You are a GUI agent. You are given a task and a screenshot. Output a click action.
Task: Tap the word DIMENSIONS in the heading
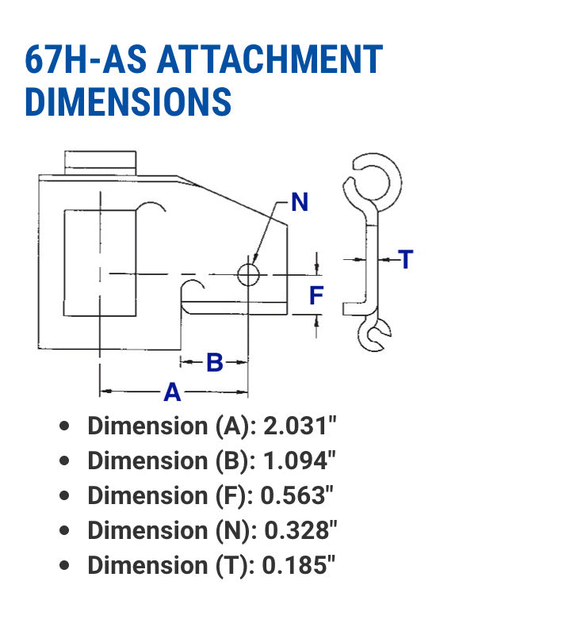[x=128, y=102]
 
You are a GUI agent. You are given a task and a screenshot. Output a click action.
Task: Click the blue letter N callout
[x=299, y=203]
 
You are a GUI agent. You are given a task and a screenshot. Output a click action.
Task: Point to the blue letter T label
[x=406, y=259]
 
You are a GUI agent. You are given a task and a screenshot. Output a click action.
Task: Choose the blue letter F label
[x=316, y=296]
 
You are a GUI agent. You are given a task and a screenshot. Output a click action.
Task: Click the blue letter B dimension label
[x=214, y=363]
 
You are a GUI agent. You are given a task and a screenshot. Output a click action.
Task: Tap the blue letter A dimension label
[x=172, y=392]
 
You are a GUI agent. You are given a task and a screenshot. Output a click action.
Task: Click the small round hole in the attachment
[x=248, y=274]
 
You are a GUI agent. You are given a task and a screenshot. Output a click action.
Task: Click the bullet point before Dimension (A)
[x=65, y=426]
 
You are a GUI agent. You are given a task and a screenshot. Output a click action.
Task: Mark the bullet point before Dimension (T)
[x=65, y=565]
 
